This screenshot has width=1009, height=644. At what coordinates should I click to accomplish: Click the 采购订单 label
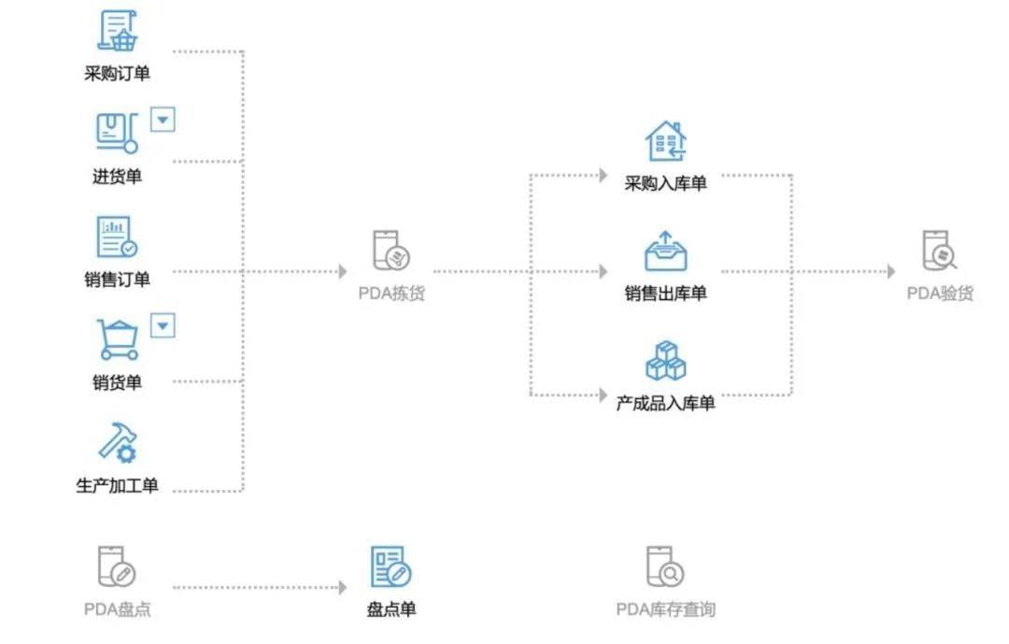click(x=117, y=74)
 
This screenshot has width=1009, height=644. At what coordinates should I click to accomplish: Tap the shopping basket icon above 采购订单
click(x=118, y=31)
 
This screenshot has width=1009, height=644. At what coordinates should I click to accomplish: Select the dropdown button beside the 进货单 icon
click(x=163, y=120)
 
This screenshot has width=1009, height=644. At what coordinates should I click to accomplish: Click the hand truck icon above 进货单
click(x=117, y=133)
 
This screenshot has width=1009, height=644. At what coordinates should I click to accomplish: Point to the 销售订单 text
click(x=117, y=279)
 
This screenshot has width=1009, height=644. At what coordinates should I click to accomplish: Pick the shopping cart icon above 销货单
click(x=118, y=339)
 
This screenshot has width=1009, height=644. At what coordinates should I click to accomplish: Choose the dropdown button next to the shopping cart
click(x=163, y=325)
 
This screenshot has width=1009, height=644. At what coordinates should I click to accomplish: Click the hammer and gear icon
click(x=118, y=442)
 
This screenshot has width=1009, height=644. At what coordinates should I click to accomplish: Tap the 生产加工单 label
click(x=117, y=485)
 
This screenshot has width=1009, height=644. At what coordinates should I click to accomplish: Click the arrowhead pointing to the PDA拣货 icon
click(x=342, y=272)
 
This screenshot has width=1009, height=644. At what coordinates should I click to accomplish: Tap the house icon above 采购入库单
click(x=665, y=142)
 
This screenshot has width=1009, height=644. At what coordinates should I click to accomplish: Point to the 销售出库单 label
click(x=665, y=293)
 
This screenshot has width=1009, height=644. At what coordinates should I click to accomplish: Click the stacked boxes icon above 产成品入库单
click(x=665, y=361)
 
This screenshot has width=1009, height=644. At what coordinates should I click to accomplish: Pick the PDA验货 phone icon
click(x=939, y=251)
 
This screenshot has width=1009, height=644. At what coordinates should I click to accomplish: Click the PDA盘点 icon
click(x=117, y=567)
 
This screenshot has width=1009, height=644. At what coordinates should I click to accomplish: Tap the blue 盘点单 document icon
click(x=391, y=567)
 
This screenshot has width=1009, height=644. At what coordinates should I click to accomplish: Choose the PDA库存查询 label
click(x=665, y=609)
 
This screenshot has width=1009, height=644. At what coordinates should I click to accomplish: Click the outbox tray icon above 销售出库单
click(x=665, y=251)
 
